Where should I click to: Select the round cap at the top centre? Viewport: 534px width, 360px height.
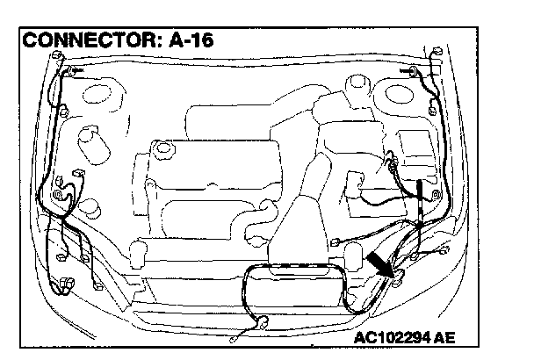(357, 89)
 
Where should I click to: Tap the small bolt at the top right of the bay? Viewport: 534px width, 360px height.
(413, 70)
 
